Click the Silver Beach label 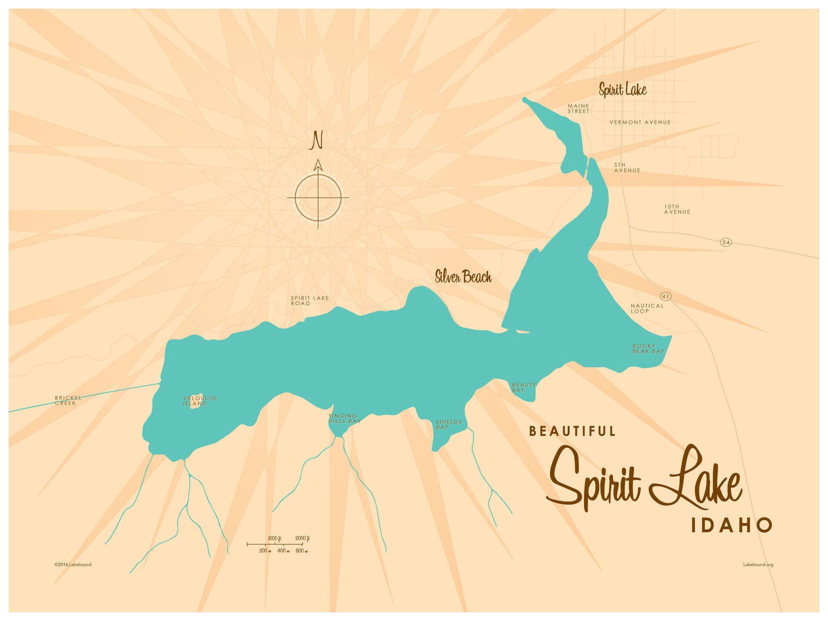(463, 276)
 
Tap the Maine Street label (578, 109)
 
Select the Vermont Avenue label (640, 122)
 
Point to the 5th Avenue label (627, 168)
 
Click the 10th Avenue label (677, 209)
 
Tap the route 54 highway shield (726, 242)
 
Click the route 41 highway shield (666, 297)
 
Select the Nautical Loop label (647, 309)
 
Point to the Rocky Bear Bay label (648, 349)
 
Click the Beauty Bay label (524, 388)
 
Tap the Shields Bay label (448, 425)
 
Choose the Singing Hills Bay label (344, 419)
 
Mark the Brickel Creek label (68, 401)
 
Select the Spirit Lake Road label (310, 300)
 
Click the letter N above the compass (316, 140)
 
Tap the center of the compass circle (318, 197)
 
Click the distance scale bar (278, 545)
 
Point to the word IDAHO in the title (731, 525)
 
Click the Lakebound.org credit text (758, 564)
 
